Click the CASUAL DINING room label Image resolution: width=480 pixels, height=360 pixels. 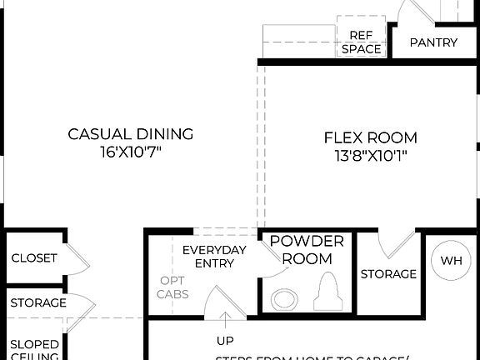tap(130, 134)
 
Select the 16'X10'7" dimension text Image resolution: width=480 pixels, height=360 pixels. tap(130, 153)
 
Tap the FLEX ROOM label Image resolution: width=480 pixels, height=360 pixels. tap(370, 137)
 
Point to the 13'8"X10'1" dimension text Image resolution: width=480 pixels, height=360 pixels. tap(370, 156)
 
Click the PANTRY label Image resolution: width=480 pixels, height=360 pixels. tap(433, 42)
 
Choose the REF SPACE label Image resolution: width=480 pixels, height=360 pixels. tap(361, 42)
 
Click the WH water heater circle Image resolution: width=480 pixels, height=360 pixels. tap(450, 261)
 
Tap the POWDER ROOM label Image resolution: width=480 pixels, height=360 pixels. tap(306, 250)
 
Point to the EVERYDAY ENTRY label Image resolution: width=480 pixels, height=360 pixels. tap(214, 257)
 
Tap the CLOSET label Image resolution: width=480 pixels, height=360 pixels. tap(34, 258)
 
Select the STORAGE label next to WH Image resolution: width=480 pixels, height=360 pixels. tap(388, 274)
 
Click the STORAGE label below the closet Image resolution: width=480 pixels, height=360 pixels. tap(38, 303)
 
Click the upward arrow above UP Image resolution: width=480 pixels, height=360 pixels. tap(225, 320)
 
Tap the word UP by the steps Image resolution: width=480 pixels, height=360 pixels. tap(225, 340)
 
